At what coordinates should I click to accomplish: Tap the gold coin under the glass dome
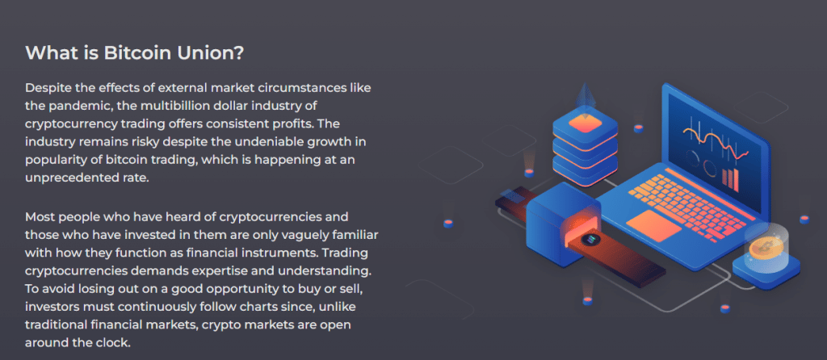(766, 247)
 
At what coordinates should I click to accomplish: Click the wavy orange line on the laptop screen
(716, 140)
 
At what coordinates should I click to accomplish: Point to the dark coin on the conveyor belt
(588, 239)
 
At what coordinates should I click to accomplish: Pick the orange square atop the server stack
(585, 123)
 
